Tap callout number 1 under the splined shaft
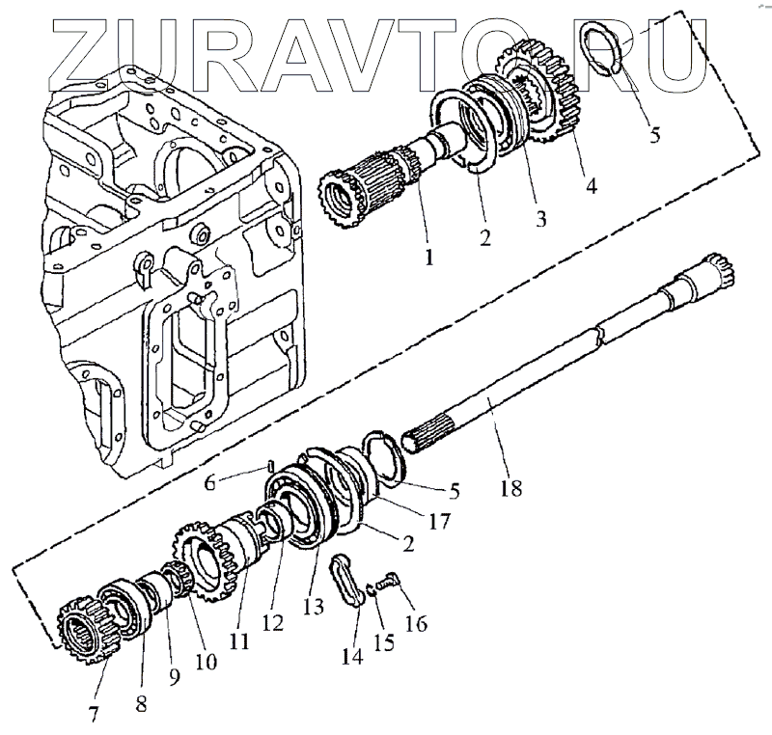pos(427,257)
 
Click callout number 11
pos(238,640)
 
